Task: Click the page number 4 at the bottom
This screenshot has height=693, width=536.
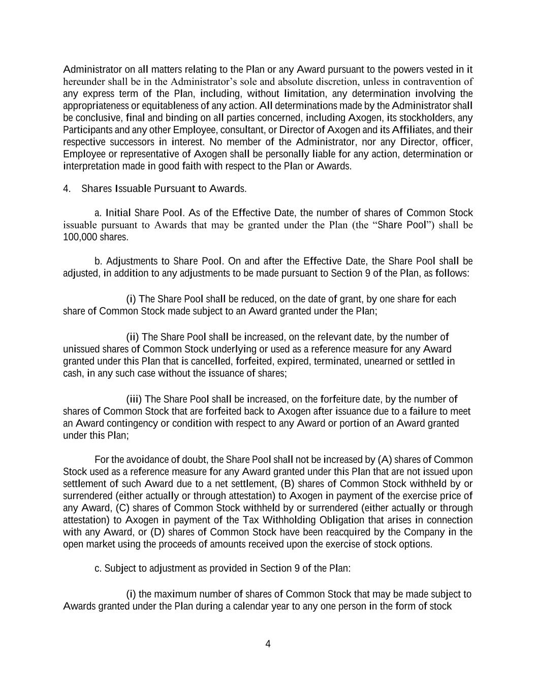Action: (268, 644)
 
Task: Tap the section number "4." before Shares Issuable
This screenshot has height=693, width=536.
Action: (67, 189)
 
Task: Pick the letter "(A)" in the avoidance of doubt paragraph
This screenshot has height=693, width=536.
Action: (385, 460)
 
